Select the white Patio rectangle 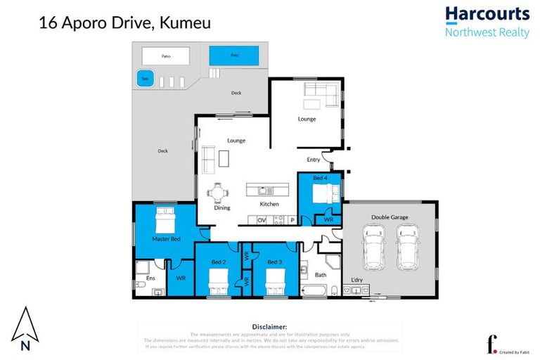pyautogui.click(x=166, y=55)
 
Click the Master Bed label pyautogui.click(x=167, y=239)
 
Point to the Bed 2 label pyautogui.click(x=218, y=262)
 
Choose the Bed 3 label pyautogui.click(x=274, y=262)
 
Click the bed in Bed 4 pyautogui.click(x=321, y=194)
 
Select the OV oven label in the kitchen pyautogui.click(x=261, y=220)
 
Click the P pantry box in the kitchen pyautogui.click(x=292, y=220)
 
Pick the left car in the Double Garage pyautogui.click(x=372, y=247)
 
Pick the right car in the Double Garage pyautogui.click(x=407, y=247)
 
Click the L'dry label pyautogui.click(x=358, y=281)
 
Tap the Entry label pyautogui.click(x=313, y=160)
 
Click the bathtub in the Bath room pyautogui.click(x=314, y=290)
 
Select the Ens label pyautogui.click(x=141, y=278)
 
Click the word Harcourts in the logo pyautogui.click(x=487, y=14)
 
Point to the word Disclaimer pyautogui.click(x=269, y=327)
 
